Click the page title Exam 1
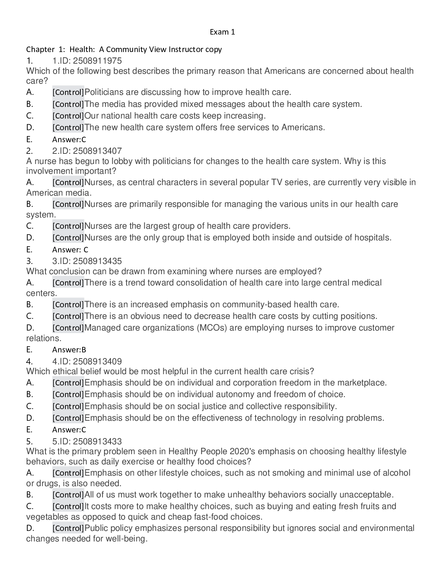[x=222, y=32]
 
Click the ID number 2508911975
[x=97, y=60]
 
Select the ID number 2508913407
[x=97, y=151]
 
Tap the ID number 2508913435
[x=97, y=261]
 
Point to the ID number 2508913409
[x=97, y=361]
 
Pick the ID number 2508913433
[x=97, y=441]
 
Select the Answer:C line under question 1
[x=69, y=139]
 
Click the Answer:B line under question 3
[x=69, y=350]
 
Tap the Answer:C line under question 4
[x=69, y=430]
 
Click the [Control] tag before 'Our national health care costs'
[x=68, y=116]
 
